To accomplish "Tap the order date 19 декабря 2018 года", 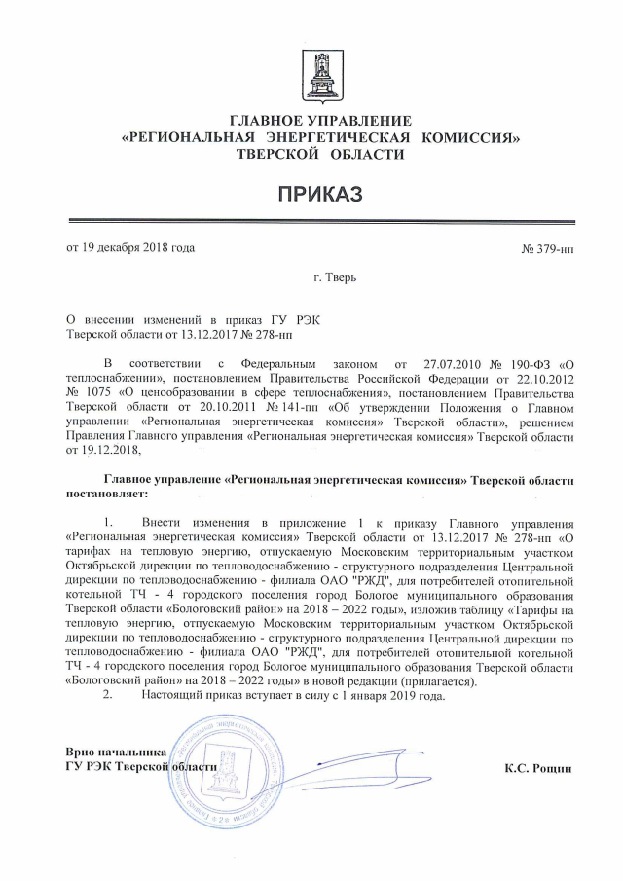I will click(x=129, y=247).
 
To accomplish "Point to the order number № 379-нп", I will click(x=547, y=248).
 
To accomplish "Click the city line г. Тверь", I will click(x=335, y=278).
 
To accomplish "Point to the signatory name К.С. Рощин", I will click(x=538, y=768).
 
